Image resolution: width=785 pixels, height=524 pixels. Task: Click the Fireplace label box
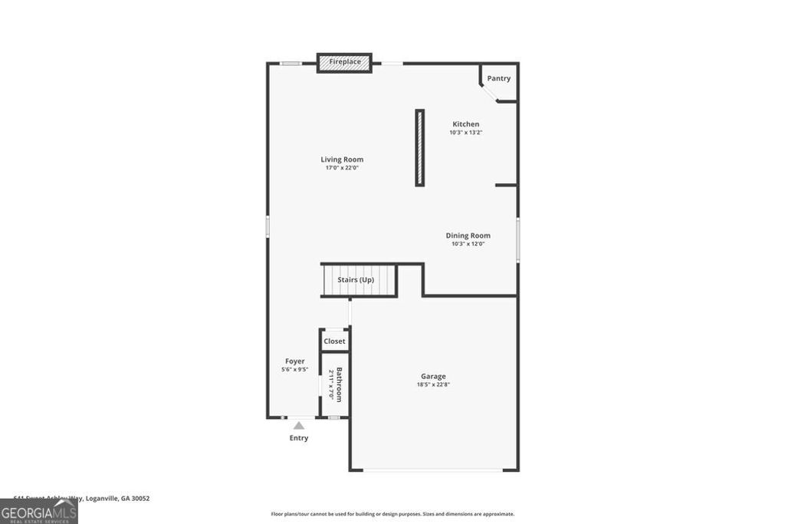[345, 62]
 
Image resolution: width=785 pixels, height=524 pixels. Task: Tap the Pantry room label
[498, 78]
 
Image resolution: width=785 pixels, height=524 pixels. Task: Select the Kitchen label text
[465, 124]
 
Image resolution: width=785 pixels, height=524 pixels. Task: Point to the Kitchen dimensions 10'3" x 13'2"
[465, 133]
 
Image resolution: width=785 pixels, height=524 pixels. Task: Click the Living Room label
[342, 160]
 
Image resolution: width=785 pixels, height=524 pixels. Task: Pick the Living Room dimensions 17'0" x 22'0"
[342, 168]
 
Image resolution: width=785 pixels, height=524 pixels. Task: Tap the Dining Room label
[468, 236]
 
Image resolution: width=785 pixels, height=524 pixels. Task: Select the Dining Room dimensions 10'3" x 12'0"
[468, 244]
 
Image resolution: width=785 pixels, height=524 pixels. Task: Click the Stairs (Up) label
[356, 280]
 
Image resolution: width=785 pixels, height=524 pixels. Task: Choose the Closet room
[334, 341]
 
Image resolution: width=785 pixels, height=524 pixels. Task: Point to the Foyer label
[294, 361]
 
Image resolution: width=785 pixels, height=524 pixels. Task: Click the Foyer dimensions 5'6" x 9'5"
[294, 370]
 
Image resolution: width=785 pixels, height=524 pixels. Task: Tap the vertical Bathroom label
[340, 384]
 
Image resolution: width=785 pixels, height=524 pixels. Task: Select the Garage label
[433, 376]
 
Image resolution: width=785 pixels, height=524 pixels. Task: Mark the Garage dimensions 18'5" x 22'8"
[433, 384]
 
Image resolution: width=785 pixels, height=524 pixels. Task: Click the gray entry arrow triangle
[299, 426]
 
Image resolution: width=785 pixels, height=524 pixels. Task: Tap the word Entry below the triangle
[299, 438]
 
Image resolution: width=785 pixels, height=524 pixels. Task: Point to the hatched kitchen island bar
[419, 147]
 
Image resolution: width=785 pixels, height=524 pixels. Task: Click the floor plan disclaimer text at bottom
[392, 514]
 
